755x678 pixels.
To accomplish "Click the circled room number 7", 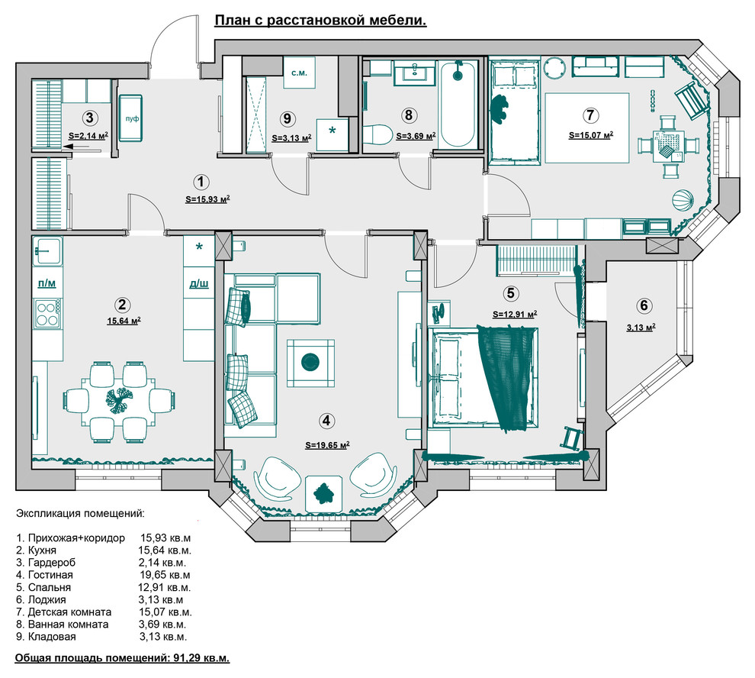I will point(590,115).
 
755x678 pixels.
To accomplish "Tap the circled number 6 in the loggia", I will point(644,305).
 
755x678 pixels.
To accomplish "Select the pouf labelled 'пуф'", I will point(132,118).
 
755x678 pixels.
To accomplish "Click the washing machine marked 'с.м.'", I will point(299,73).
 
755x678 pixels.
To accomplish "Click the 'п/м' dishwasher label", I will point(46,283).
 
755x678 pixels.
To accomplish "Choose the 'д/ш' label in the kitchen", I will point(199,283).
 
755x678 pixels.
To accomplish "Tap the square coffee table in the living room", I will point(310,361).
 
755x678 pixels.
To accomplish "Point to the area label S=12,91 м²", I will point(515,313).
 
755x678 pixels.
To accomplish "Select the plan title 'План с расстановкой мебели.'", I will point(320,21).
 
